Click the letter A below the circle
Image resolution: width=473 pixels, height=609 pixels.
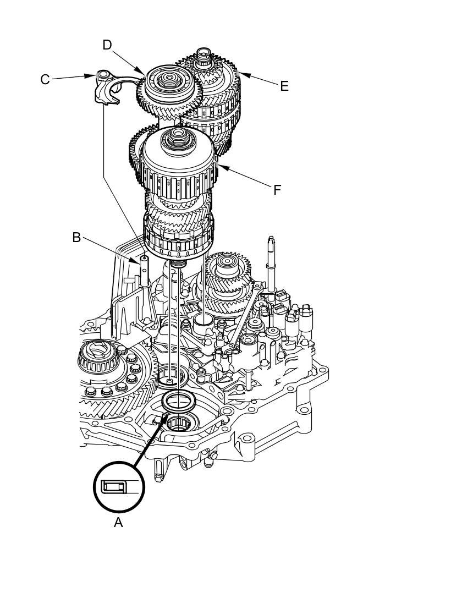(118, 522)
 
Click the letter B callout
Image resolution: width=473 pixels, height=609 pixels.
(76, 238)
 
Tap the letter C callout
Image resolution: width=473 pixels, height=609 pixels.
(45, 79)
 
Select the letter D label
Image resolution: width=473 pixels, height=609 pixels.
(107, 45)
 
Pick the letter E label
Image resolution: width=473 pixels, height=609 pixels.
(284, 86)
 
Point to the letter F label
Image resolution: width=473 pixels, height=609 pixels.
(277, 190)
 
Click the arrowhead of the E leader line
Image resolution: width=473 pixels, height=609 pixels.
(241, 74)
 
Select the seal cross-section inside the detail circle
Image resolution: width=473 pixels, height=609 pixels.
(114, 487)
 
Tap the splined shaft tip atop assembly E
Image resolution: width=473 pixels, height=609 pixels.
(205, 54)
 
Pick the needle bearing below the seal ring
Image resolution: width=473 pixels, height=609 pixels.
(180, 424)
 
